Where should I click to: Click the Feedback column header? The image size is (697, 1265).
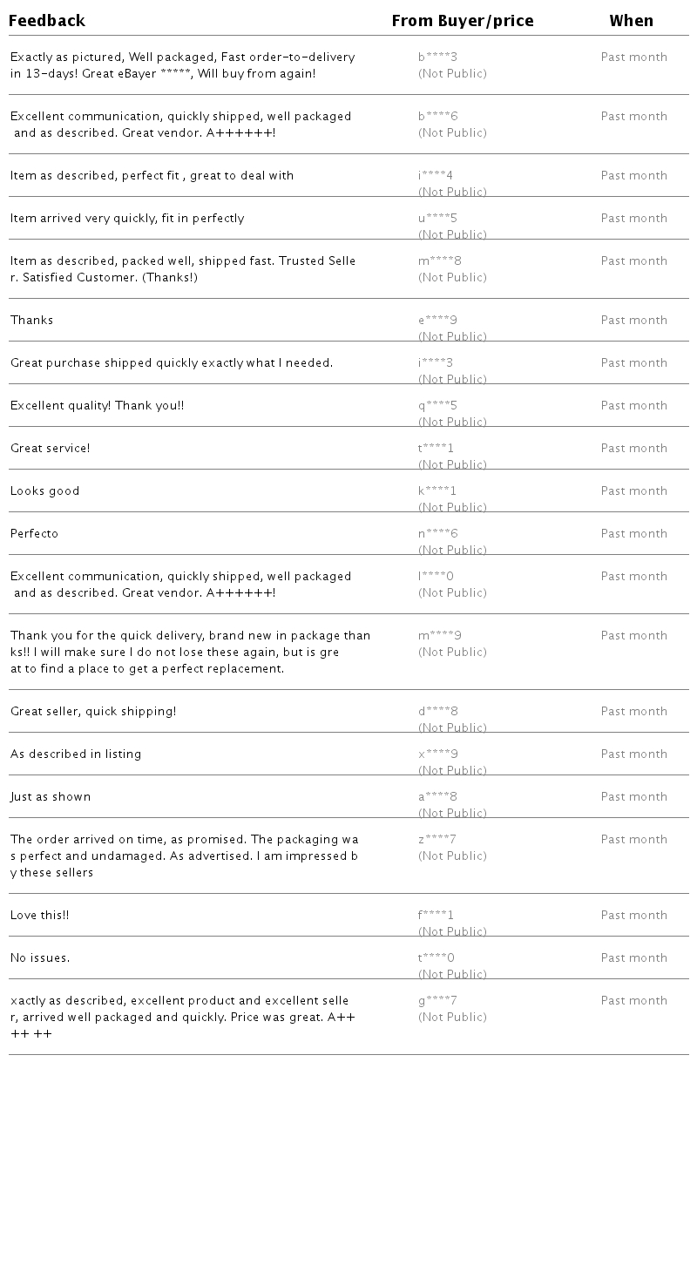[47, 21]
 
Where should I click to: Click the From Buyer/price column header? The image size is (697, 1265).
[463, 21]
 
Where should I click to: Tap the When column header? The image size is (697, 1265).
[632, 21]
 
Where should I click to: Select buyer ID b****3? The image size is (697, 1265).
[437, 57]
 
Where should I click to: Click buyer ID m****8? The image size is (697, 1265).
[440, 261]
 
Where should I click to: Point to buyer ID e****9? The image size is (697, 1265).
[437, 321]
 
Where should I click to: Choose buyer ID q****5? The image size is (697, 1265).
[437, 406]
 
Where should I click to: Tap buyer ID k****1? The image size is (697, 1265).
[437, 491]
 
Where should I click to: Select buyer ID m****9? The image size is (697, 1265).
[440, 636]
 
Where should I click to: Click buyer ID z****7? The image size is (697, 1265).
[437, 840]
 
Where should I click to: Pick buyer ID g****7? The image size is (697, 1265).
[437, 1001]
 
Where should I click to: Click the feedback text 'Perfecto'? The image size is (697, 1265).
[35, 534]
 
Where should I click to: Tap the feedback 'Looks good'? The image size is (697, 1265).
[45, 491]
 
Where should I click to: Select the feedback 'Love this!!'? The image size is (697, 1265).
[40, 916]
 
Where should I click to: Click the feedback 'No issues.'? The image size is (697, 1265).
[40, 958]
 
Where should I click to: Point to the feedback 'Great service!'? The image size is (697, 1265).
[51, 449]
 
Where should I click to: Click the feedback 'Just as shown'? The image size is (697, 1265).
[51, 797]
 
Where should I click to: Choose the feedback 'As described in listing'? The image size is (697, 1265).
[76, 754]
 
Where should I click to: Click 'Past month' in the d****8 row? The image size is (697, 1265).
[634, 712]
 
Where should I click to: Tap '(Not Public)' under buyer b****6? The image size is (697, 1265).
[452, 133]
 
